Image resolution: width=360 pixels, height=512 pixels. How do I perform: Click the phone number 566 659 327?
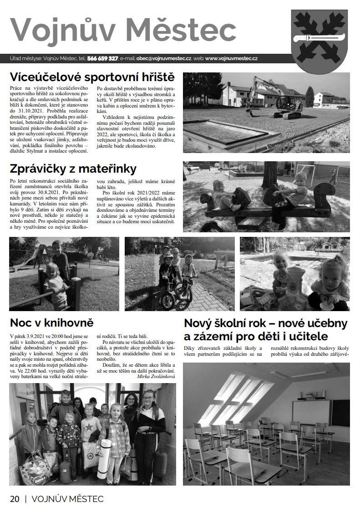pyautogui.click(x=103, y=59)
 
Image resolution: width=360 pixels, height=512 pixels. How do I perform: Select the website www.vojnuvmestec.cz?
pyautogui.click(x=232, y=59)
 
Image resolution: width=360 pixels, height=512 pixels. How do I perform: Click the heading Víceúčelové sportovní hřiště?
pyautogui.click(x=92, y=76)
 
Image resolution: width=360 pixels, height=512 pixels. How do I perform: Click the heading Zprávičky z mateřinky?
pyautogui.click(x=73, y=169)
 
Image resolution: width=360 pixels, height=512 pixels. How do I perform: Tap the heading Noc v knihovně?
pyautogui.click(x=51, y=323)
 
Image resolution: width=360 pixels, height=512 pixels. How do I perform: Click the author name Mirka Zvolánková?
pyautogui.click(x=156, y=376)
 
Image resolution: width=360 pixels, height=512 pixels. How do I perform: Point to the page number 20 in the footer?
pyautogui.click(x=15, y=499)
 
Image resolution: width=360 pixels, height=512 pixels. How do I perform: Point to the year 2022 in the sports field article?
pyautogui.click(x=103, y=134)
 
